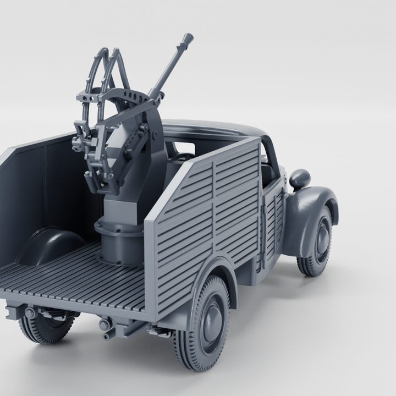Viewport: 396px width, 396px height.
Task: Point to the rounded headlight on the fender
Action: click(x=300, y=178)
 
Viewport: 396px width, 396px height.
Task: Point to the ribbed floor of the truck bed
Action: click(x=71, y=280)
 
